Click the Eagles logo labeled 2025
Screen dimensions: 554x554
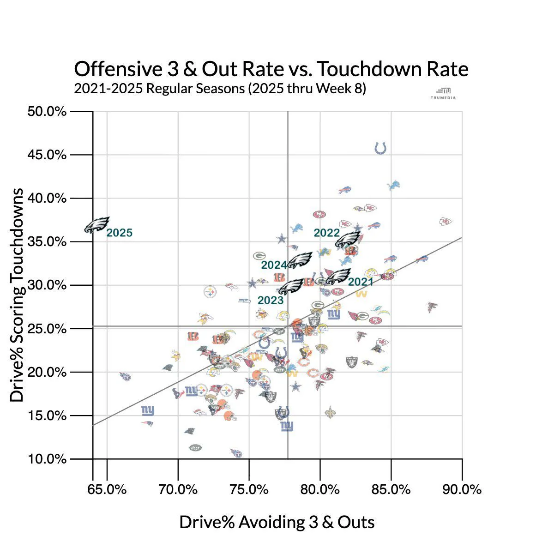pyautogui.click(x=97, y=225)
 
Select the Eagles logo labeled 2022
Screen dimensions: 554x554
pyautogui.click(x=348, y=239)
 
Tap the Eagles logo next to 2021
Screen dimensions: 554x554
pyautogui.click(x=338, y=277)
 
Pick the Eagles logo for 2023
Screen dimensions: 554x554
pyautogui.click(x=291, y=287)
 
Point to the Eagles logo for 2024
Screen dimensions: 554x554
pyautogui.click(x=300, y=260)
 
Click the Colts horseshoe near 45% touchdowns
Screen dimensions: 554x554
pyautogui.click(x=380, y=148)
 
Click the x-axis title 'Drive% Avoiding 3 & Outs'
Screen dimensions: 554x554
pyautogui.click(x=277, y=522)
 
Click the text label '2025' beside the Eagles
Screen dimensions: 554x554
pyautogui.click(x=120, y=233)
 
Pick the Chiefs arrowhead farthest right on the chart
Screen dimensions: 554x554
pyautogui.click(x=446, y=222)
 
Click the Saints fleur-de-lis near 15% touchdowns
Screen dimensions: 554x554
pyautogui.click(x=330, y=412)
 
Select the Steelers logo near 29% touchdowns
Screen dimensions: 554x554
pyautogui.click(x=210, y=292)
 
